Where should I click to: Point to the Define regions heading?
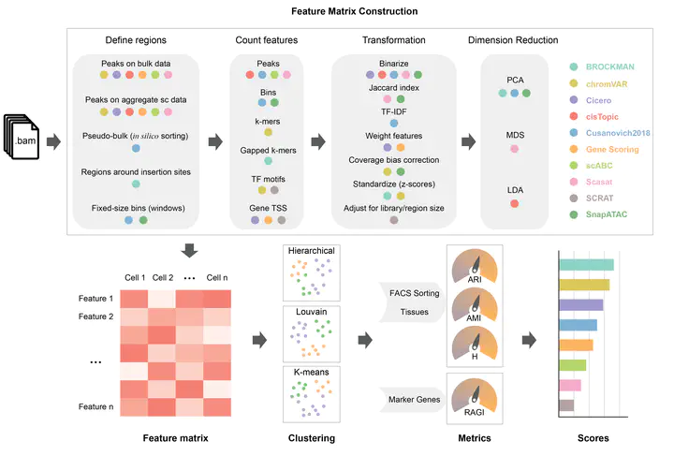click(x=131, y=41)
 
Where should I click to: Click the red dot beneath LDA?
click(x=515, y=203)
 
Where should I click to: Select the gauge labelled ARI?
click(x=476, y=268)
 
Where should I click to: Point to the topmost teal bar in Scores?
click(x=586, y=265)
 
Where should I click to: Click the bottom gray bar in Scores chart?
click(x=565, y=405)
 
